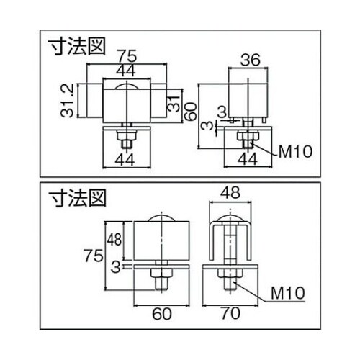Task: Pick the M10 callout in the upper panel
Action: coord(293,152)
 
